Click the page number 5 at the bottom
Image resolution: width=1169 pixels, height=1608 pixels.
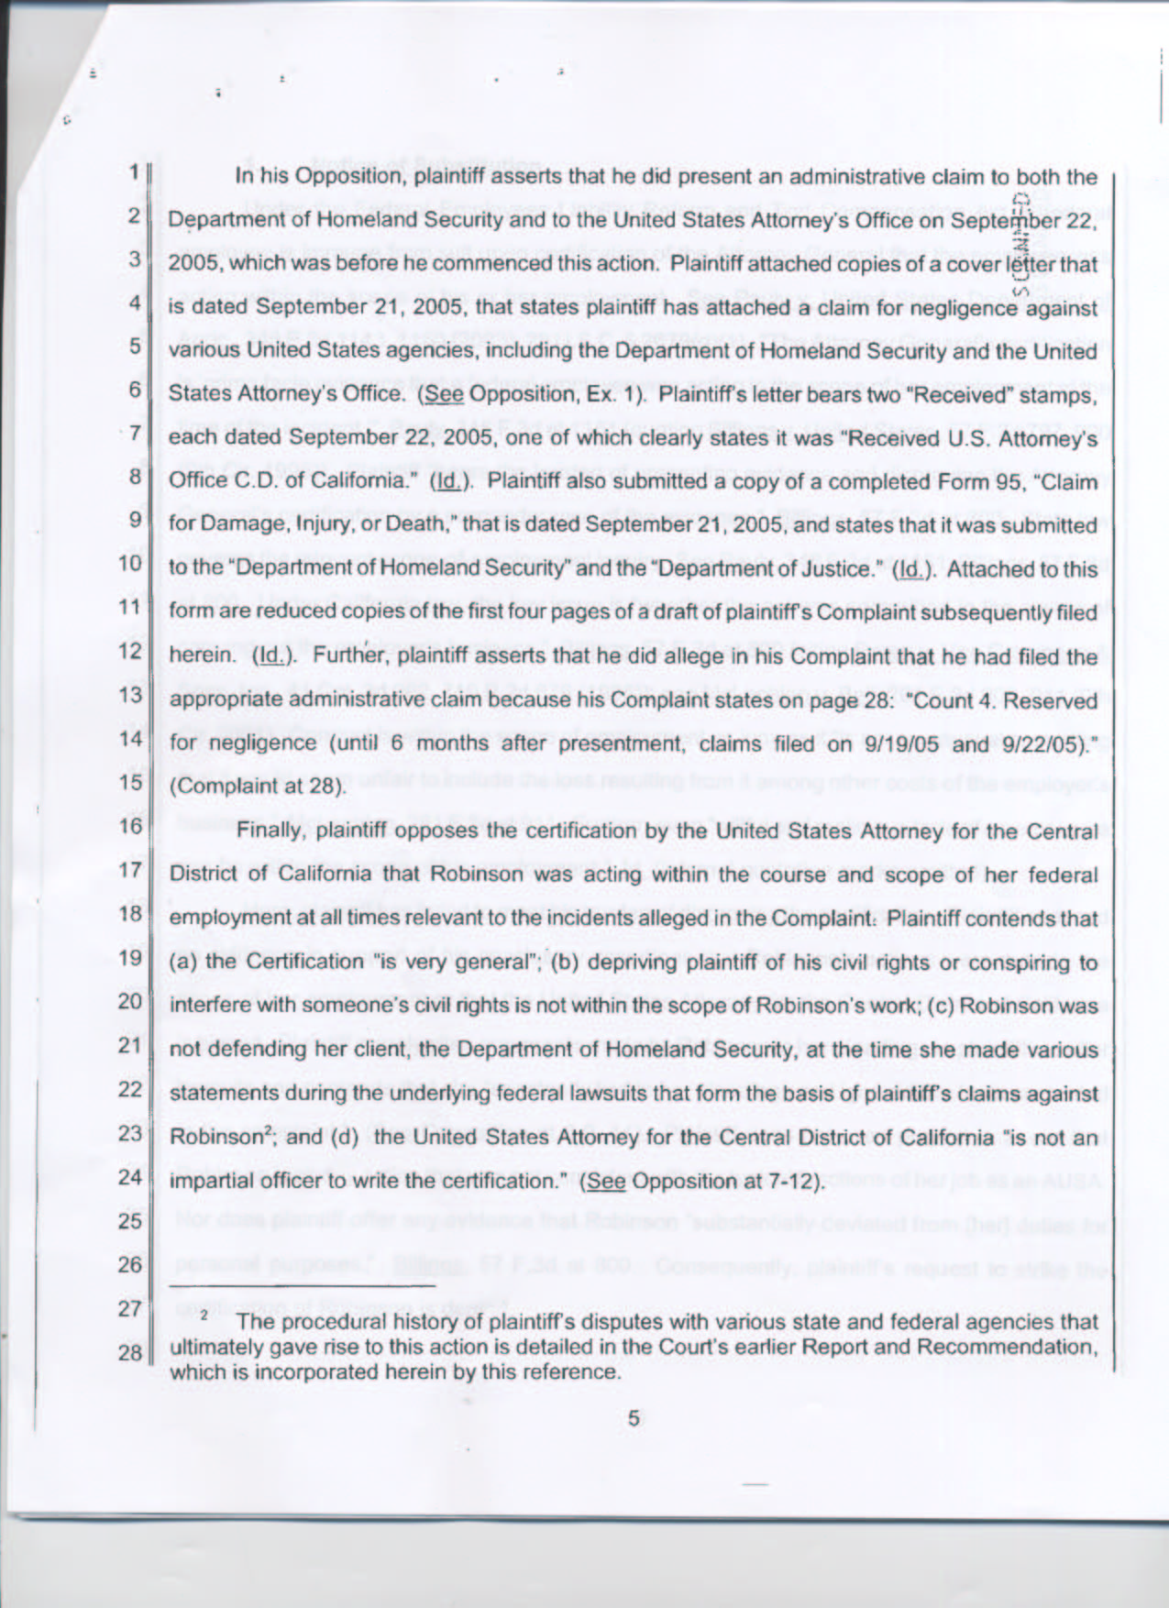click(x=633, y=1418)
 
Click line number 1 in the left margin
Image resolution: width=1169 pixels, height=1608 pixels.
click(x=133, y=171)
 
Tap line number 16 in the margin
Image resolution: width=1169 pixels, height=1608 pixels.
click(x=130, y=826)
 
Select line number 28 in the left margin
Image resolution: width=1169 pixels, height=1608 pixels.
click(x=130, y=1353)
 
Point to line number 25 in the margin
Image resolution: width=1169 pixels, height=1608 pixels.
click(x=130, y=1221)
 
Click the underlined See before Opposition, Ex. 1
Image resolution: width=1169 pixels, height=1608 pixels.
click(x=441, y=394)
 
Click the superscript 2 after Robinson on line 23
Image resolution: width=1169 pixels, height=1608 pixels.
click(x=268, y=1131)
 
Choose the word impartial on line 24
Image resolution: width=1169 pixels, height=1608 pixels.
click(x=206, y=1181)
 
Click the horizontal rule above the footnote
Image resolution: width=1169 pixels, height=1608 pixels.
click(x=303, y=1287)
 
